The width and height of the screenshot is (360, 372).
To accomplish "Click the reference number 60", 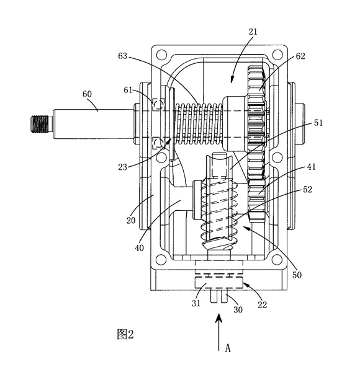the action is coord(87,94).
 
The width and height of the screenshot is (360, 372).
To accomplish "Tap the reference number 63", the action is coord(122,56).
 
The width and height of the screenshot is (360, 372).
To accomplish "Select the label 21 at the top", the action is coord(253,32).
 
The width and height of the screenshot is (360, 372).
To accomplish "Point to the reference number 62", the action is coord(300,56).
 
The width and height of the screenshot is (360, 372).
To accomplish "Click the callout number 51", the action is coord(318,123).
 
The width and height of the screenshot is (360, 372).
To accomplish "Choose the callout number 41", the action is coord(311,167).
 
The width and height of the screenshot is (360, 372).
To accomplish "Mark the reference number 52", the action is coord(307,190).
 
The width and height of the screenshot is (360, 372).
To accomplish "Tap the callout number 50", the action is coord(297,275).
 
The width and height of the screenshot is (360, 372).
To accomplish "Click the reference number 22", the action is coord(262,305).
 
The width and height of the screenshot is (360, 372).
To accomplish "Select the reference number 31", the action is coord(196,303).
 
